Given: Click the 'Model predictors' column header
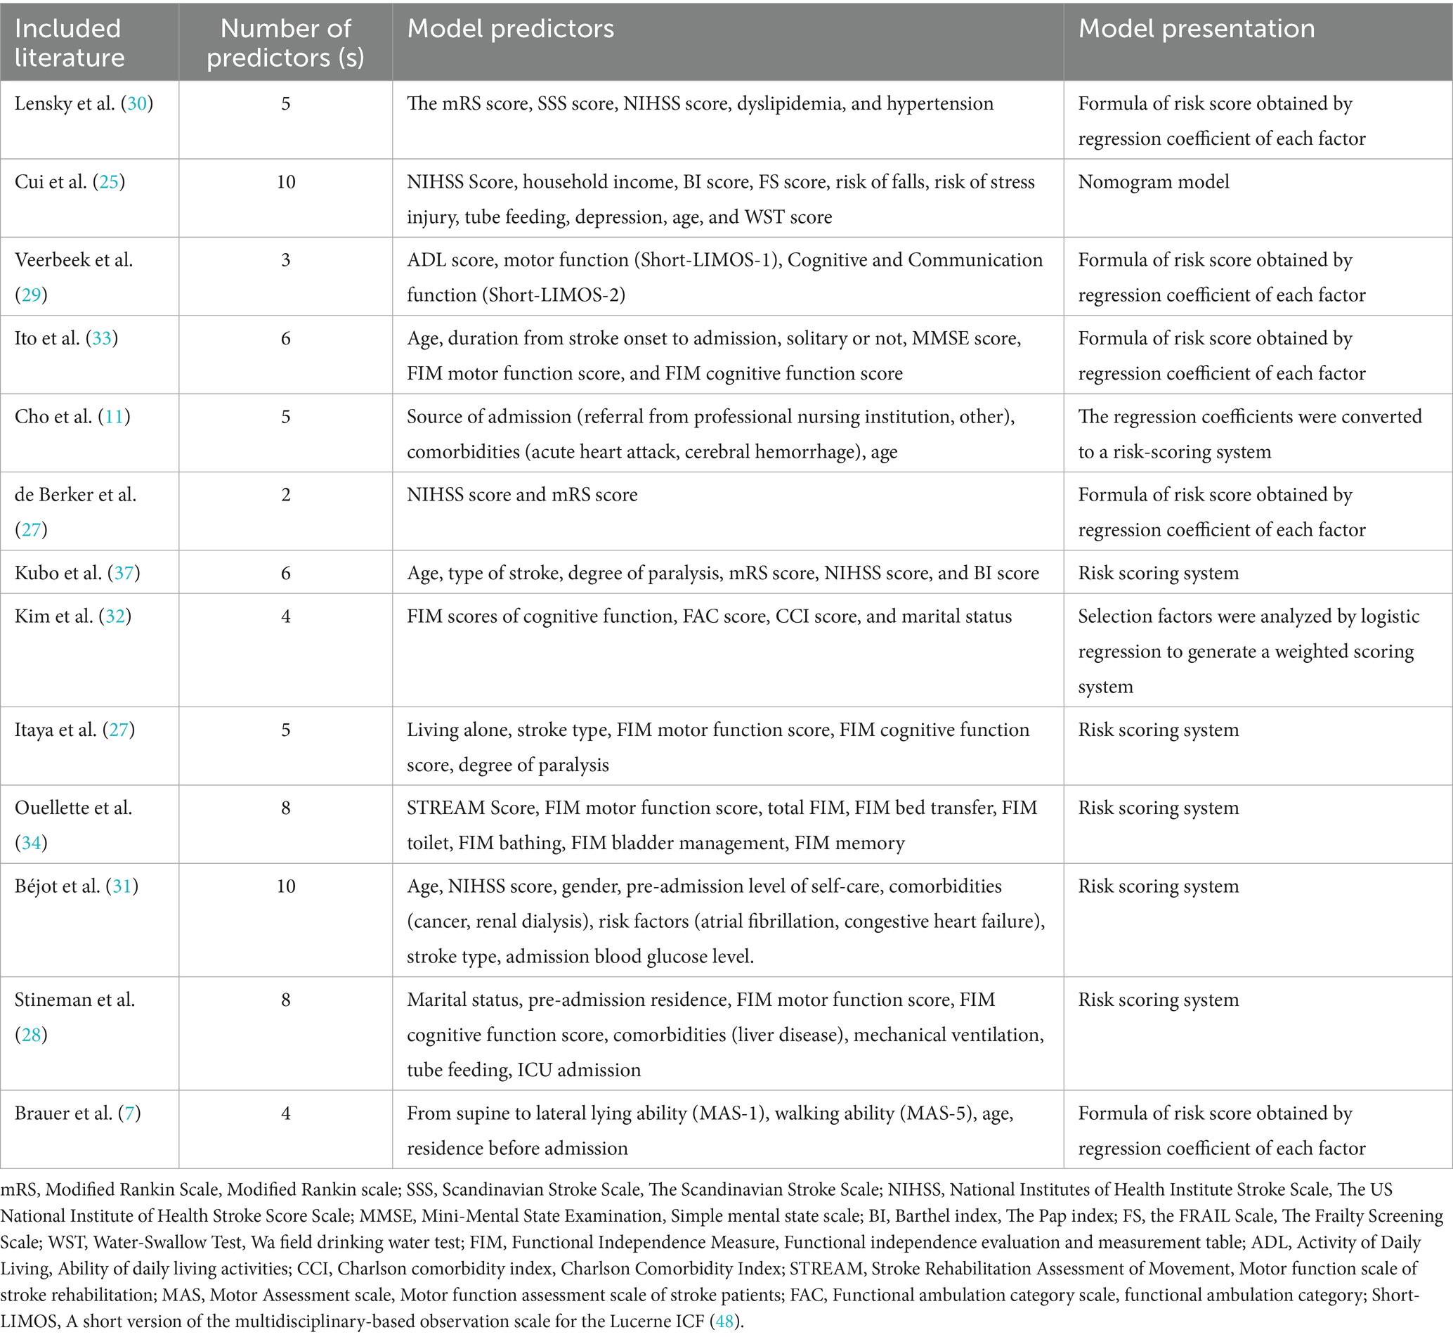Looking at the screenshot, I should (x=510, y=29).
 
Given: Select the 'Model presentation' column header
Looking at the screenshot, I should (x=1197, y=29).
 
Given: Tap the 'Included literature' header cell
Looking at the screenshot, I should (x=69, y=43).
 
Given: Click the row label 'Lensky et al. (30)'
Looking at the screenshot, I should (x=83, y=103).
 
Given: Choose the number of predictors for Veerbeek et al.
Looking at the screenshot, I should (x=286, y=259).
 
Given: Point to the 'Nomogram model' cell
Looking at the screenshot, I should (x=1154, y=181).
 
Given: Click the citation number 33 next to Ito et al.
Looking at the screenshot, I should (x=102, y=339).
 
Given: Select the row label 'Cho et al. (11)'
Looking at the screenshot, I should (x=72, y=417).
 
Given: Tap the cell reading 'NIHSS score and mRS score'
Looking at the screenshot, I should (x=521, y=495).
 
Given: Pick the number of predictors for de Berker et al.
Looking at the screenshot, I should (x=286, y=495).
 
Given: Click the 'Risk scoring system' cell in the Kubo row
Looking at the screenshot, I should (x=1158, y=573).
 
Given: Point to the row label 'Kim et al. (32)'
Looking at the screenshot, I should (x=72, y=616).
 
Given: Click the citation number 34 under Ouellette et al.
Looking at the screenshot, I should (x=31, y=843).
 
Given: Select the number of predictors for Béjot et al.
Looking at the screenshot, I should (x=286, y=886).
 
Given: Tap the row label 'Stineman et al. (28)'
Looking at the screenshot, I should (x=74, y=1016).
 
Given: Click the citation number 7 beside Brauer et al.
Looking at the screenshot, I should (x=129, y=1113).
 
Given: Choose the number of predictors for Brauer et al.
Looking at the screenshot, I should (x=286, y=1113).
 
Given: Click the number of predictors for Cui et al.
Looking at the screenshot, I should (x=286, y=181).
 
